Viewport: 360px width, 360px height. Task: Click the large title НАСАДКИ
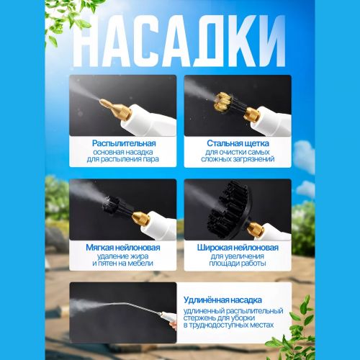[179, 41]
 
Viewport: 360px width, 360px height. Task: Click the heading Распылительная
[124, 143]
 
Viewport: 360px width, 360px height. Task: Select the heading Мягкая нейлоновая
[123, 248]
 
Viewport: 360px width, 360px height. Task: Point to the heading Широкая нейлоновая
[238, 248]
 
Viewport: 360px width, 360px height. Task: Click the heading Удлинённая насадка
[222, 300]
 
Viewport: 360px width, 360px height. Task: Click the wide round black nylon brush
[229, 210]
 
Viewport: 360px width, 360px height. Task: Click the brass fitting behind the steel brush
[252, 114]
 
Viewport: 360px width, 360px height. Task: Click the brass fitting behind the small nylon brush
[141, 218]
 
